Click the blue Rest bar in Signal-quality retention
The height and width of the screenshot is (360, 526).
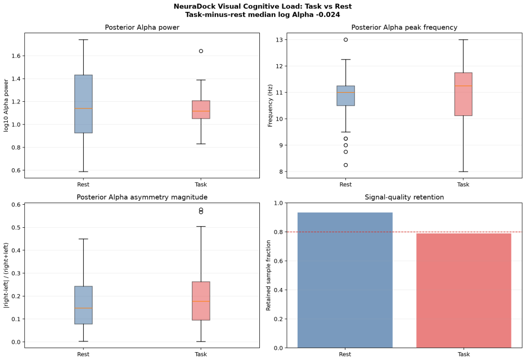(x=345, y=280)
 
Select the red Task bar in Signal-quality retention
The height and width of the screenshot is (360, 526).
(x=464, y=291)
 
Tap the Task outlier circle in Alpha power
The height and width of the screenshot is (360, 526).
(x=201, y=51)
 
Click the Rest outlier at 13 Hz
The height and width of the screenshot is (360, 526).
(x=345, y=39)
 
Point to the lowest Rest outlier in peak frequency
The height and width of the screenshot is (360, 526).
(x=345, y=165)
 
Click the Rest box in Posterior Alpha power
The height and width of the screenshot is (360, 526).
(x=83, y=104)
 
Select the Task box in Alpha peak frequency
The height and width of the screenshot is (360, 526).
(x=463, y=94)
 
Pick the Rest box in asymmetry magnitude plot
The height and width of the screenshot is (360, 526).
(x=83, y=305)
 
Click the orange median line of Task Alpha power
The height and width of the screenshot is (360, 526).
(x=201, y=111)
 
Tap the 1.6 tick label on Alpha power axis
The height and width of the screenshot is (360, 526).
(x=16, y=56)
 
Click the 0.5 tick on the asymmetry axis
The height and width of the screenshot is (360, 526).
(x=16, y=227)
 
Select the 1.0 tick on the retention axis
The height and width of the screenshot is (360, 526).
(x=278, y=203)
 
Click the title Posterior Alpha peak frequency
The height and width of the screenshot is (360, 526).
(x=404, y=28)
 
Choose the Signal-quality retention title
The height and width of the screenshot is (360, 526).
(x=404, y=197)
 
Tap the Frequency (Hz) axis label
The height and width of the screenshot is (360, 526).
(x=271, y=105)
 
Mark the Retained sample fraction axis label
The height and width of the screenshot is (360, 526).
(x=268, y=276)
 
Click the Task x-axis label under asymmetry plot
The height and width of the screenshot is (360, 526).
(x=201, y=354)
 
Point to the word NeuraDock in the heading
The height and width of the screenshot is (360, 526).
(x=190, y=6)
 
